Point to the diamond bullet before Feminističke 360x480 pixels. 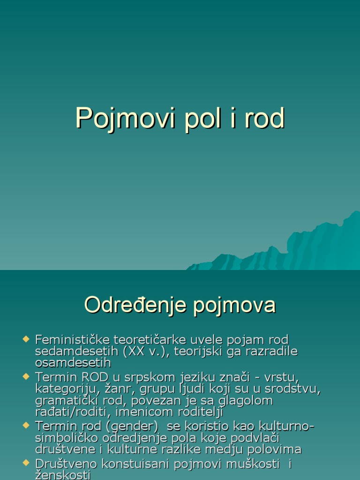click(26, 338)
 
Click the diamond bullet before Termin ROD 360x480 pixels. click(26, 376)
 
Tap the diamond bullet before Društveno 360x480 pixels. click(26, 463)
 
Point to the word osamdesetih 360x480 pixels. click(73, 362)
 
